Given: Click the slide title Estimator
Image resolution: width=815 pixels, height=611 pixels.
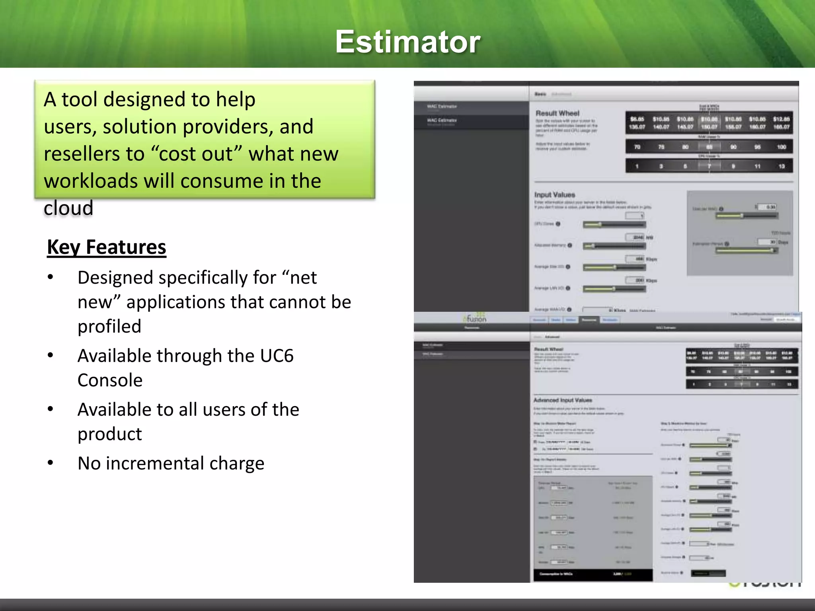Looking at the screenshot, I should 407,42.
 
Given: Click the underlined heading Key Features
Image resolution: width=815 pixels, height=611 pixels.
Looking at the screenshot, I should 106,247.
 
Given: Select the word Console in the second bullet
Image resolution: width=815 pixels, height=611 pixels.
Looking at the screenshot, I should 110,380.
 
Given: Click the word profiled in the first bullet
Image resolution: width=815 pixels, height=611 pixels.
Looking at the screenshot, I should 109,327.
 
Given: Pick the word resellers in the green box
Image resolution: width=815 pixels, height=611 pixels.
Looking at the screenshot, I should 94,154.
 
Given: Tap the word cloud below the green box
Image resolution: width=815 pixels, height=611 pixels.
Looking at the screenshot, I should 68,208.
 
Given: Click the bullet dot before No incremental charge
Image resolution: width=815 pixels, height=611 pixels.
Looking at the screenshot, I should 50,463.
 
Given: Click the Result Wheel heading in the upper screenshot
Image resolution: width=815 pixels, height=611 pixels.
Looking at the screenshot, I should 557,113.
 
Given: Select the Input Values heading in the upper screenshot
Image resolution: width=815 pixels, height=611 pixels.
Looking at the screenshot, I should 554,195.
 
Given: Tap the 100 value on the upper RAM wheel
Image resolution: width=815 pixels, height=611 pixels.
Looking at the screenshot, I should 781,147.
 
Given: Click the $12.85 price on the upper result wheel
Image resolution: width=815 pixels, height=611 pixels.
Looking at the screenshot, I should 781,119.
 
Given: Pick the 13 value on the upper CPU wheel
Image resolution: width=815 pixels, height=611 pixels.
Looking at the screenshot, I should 781,166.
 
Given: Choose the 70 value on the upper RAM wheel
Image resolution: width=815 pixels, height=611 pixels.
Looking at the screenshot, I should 637,147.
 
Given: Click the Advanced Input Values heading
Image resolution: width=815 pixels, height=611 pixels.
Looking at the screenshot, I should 562,400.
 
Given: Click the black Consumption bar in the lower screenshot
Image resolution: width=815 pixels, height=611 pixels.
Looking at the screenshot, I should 593,574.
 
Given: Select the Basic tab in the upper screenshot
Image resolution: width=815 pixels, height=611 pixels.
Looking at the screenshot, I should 540,94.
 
